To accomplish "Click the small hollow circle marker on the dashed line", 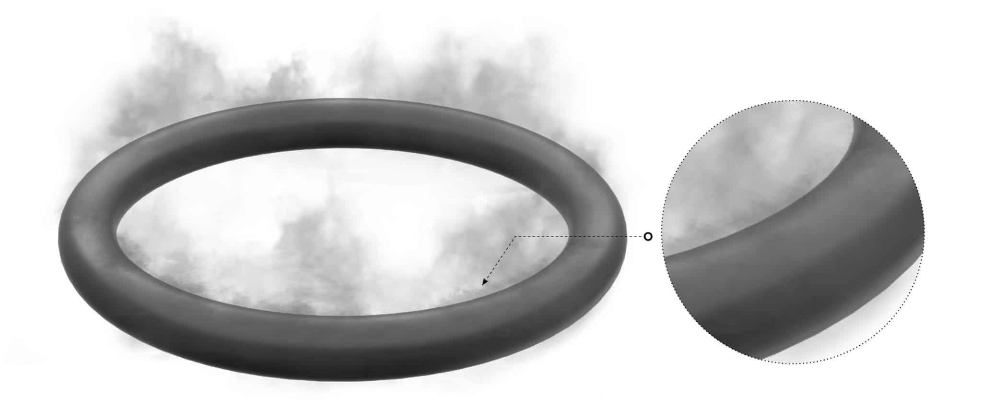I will [648, 236].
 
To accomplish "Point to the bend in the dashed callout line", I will [515, 237].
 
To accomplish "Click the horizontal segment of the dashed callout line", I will [580, 237].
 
